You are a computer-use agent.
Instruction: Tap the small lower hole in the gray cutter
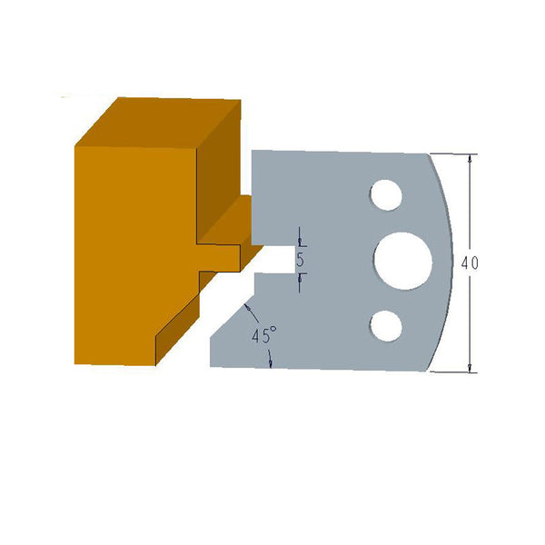click(x=386, y=323)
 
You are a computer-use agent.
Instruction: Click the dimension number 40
click(x=470, y=263)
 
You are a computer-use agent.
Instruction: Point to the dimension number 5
click(x=301, y=260)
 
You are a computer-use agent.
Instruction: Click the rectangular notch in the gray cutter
click(x=272, y=260)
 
